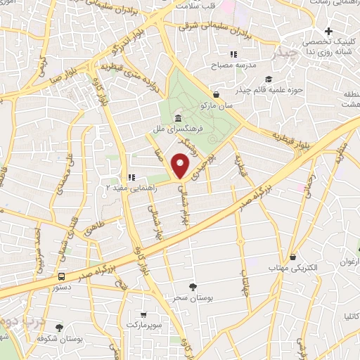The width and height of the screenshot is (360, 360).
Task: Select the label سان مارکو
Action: [x=233, y=105]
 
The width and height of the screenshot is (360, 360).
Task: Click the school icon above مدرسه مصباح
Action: [x=233, y=54]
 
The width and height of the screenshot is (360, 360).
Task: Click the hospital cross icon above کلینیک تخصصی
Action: [x=329, y=32]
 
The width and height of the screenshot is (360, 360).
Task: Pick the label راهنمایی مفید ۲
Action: [x=132, y=188]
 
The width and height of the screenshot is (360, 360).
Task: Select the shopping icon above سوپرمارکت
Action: [x=143, y=316]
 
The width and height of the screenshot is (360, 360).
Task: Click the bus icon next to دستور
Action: [x=63, y=276]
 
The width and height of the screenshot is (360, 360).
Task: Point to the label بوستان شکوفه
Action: [x=59, y=339]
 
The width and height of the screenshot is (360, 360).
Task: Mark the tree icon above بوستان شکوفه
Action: [x=59, y=328]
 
